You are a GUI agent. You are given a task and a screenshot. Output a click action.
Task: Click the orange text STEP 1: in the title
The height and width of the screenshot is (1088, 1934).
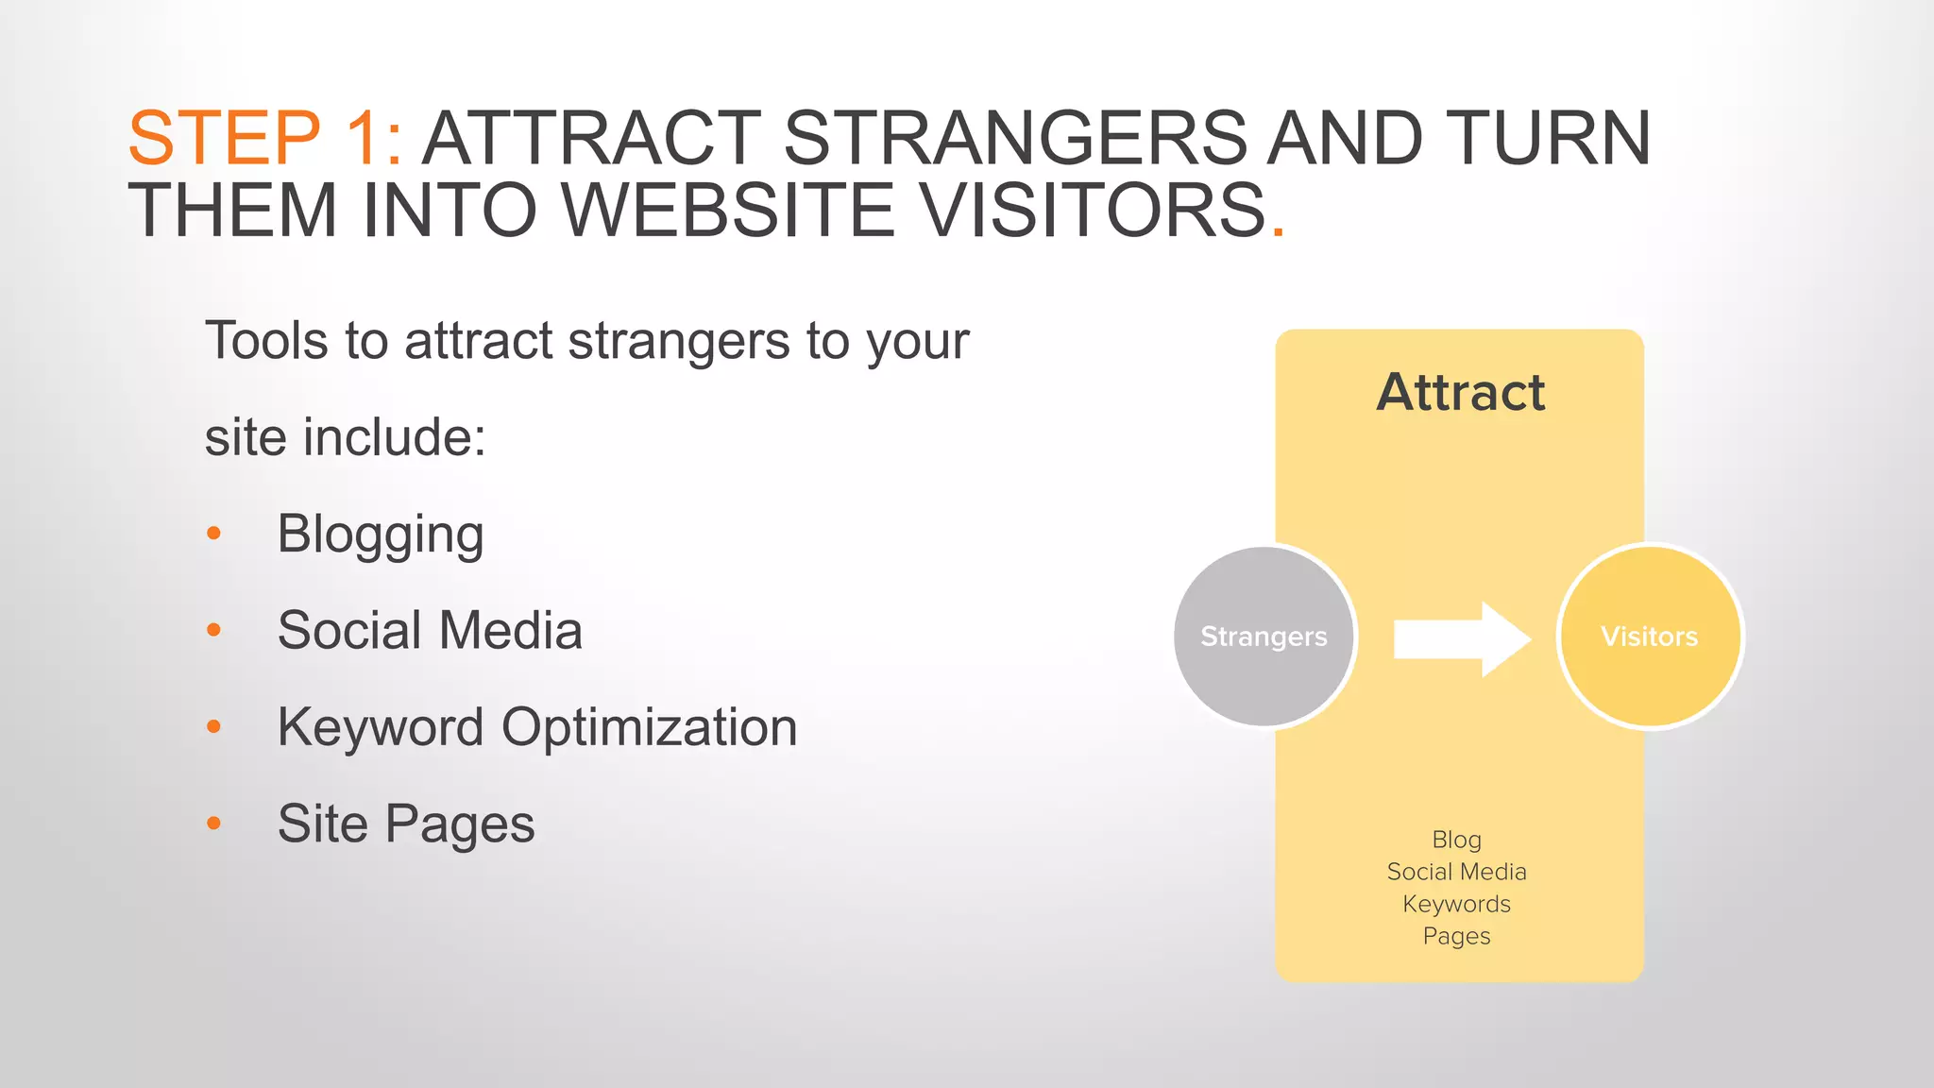(x=264, y=139)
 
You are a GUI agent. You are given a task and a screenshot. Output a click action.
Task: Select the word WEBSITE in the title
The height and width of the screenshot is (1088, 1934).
(x=729, y=210)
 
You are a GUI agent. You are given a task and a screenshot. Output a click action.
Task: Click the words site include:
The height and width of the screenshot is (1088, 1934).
(x=346, y=437)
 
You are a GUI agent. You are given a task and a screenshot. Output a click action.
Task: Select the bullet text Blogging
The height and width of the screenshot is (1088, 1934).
(x=381, y=535)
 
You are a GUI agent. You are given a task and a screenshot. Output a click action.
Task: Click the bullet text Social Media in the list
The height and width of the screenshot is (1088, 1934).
(x=430, y=631)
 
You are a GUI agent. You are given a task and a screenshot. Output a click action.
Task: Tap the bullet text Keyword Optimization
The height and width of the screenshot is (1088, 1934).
(x=537, y=727)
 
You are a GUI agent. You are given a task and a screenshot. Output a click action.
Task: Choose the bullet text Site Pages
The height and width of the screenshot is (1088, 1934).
(x=406, y=824)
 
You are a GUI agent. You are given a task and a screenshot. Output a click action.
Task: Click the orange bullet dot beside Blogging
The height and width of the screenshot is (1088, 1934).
(x=214, y=534)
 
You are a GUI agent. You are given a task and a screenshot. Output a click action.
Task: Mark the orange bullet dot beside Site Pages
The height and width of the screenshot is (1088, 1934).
(x=214, y=824)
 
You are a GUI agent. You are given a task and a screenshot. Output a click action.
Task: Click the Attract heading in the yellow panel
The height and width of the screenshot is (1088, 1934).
(x=1460, y=392)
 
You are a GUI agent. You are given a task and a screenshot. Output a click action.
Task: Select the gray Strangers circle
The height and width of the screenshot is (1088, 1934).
(x=1264, y=637)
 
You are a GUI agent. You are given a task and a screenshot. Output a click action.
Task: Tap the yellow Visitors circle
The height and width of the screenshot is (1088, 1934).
(x=1650, y=637)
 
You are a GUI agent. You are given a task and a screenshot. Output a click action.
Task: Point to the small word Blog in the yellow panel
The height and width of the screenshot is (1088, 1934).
(x=1456, y=840)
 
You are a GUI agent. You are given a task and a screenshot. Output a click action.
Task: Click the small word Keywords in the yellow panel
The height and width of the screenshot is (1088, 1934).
(x=1456, y=904)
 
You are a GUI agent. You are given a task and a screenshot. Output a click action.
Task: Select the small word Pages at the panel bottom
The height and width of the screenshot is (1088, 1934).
(x=1456, y=936)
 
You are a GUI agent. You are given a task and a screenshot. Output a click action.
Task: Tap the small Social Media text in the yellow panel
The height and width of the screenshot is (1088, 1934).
(x=1456, y=872)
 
